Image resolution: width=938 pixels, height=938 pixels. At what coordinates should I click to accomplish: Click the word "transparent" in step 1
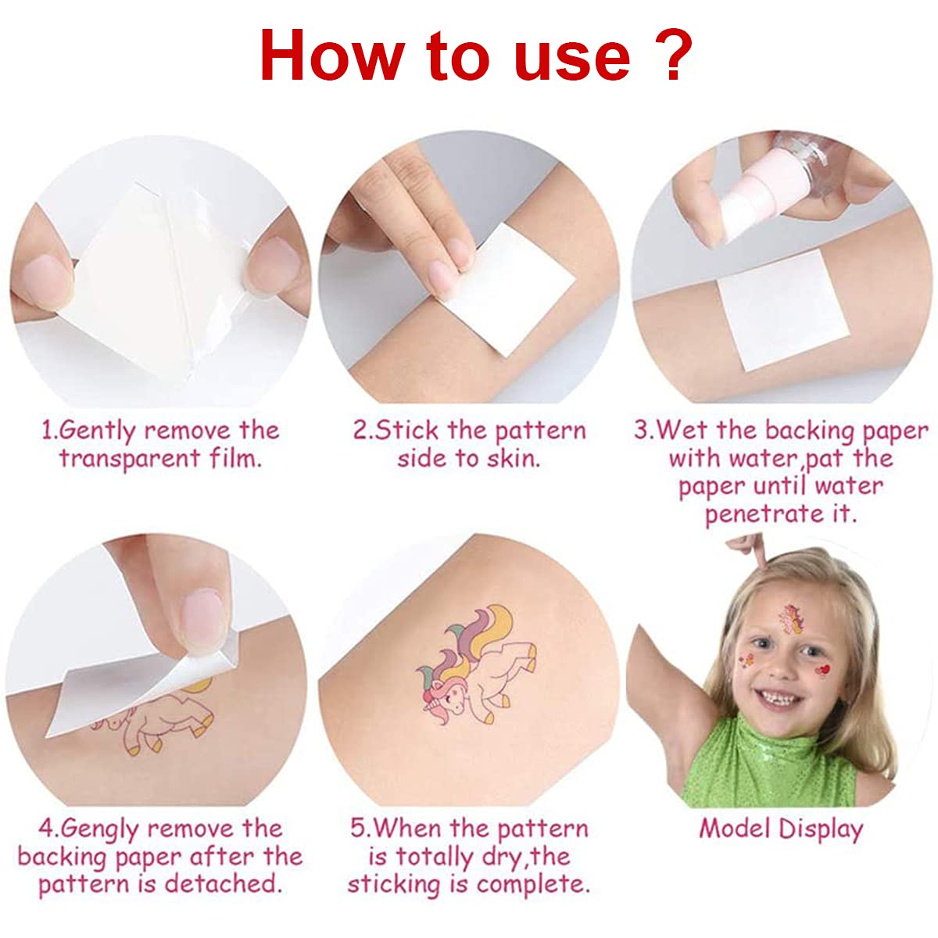130,459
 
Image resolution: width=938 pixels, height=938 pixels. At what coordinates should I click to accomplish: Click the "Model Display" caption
781,829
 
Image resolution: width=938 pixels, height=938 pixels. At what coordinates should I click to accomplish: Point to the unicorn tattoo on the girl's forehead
791,618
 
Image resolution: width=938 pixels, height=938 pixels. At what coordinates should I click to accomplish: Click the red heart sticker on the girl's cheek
822,670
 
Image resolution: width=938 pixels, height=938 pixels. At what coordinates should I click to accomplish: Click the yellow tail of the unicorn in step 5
496,627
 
